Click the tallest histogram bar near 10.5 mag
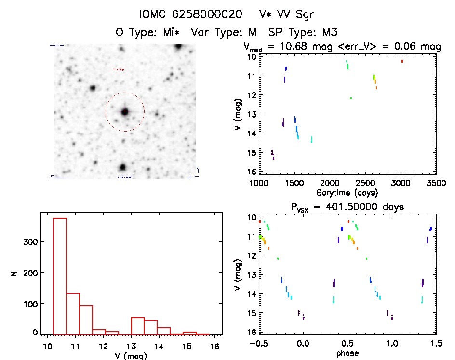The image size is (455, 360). point(60,275)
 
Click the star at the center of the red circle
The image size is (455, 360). point(125,111)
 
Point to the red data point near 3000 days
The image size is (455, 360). point(402,61)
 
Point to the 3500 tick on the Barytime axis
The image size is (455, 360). point(436,183)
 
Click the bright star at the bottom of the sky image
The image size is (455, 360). point(122,167)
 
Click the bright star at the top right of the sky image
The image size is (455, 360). point(179,46)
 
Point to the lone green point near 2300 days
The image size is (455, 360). point(351,98)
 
